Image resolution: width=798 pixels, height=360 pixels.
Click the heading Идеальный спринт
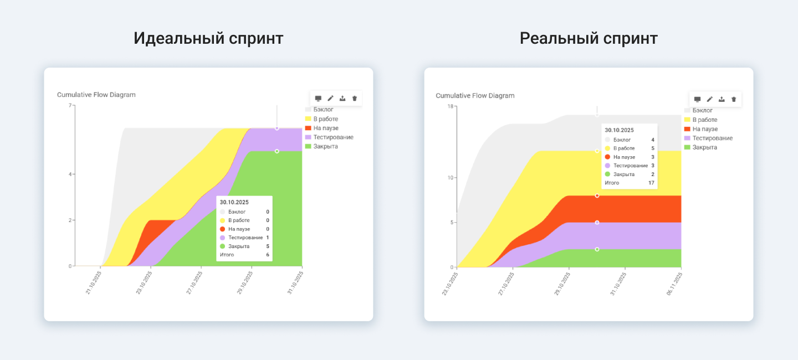coord(208,39)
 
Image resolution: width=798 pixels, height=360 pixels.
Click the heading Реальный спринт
coord(589,39)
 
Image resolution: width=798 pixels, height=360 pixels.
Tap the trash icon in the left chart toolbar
coord(355,99)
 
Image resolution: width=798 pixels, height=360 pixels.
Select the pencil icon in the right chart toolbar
coord(709,99)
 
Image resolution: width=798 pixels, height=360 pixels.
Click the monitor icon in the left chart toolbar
coord(318,99)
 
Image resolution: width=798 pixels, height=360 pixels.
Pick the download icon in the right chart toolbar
coord(722,99)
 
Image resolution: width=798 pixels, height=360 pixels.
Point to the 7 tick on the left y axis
coord(70,105)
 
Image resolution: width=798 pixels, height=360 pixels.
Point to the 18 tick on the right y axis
coord(450,106)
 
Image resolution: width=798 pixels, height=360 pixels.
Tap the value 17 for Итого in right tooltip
coord(651,183)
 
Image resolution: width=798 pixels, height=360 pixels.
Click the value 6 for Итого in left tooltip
coord(268,255)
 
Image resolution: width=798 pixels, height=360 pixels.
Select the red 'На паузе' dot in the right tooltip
coord(608,157)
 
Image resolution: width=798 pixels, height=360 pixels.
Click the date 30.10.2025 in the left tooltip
coord(234,202)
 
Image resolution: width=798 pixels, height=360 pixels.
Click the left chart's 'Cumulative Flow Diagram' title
coord(96,95)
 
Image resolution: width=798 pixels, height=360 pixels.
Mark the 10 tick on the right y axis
coord(450,178)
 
